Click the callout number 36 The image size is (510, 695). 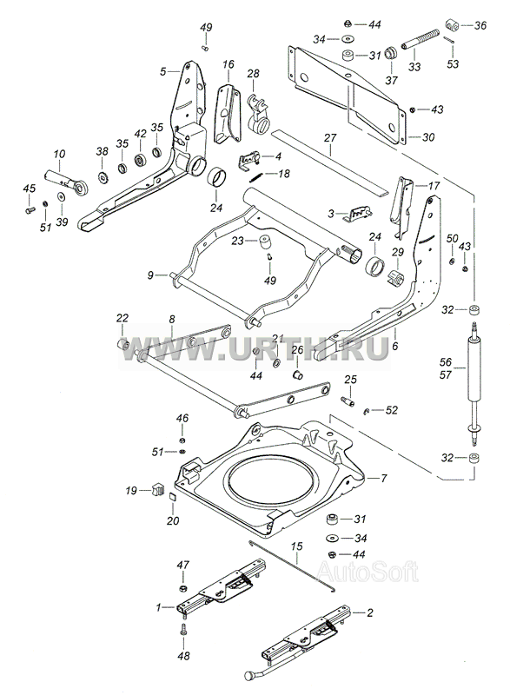[480, 25]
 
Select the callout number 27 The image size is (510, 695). [330, 138]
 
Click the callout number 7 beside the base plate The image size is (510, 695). [384, 479]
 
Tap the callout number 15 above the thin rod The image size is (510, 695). [296, 546]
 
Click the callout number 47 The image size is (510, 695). [182, 566]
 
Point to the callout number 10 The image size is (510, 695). [59, 154]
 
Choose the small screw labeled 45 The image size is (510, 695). [30, 210]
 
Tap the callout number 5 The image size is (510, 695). [163, 71]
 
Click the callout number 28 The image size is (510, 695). [253, 73]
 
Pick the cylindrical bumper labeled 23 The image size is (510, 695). [264, 242]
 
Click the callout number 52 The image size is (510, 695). [392, 410]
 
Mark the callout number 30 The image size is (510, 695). [428, 137]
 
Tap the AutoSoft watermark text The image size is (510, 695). [368, 572]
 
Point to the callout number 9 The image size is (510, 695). [150, 275]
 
